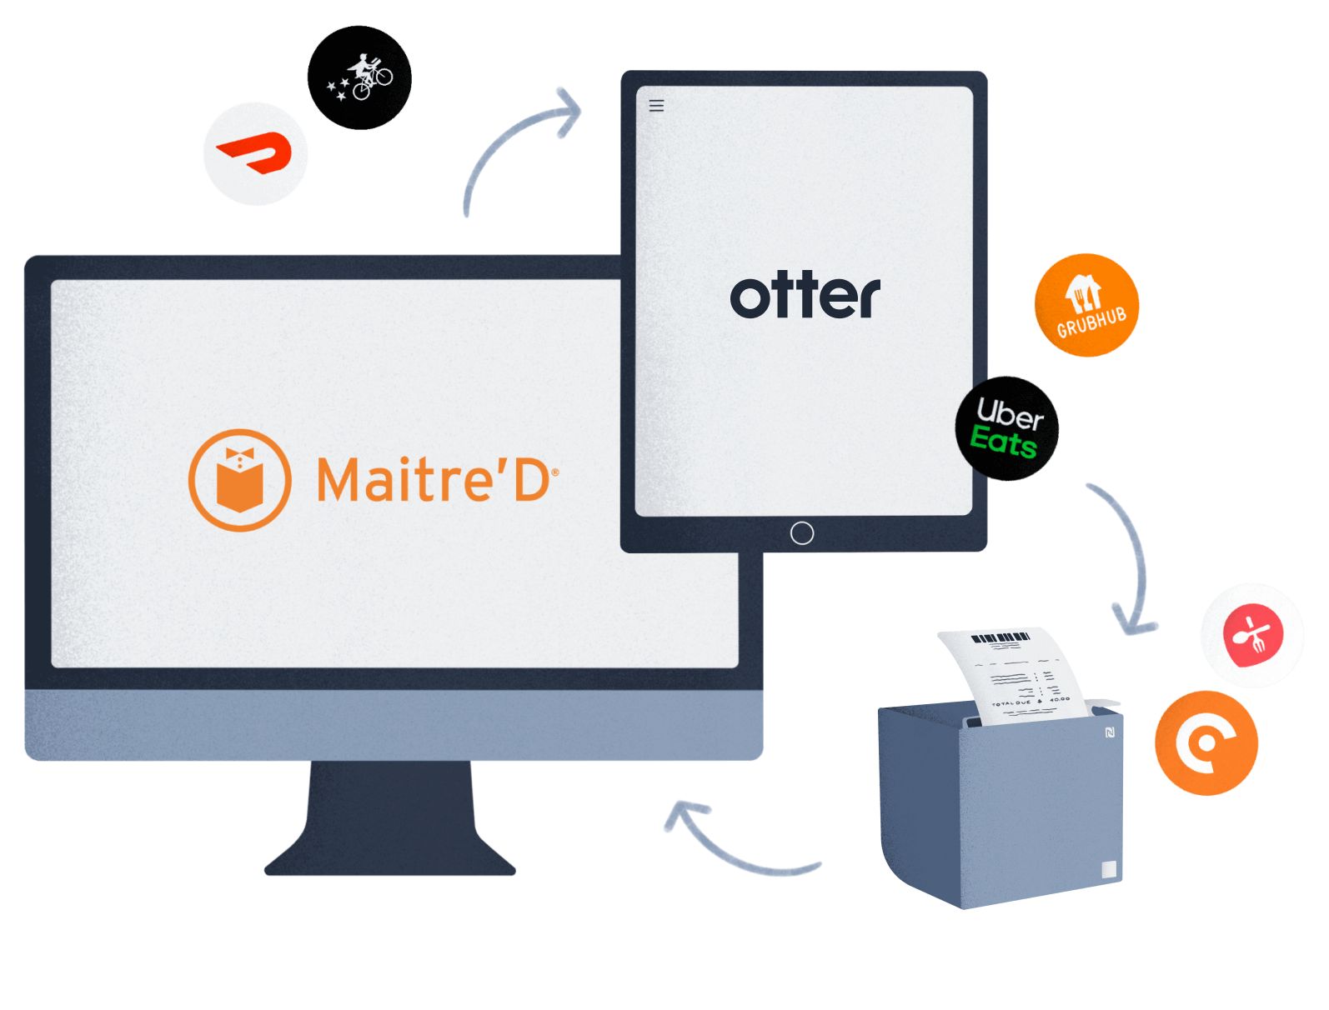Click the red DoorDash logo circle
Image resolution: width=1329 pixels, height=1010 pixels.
click(x=255, y=154)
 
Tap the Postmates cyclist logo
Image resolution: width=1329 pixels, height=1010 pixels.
click(x=359, y=77)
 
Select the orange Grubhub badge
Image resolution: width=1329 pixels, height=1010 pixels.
click(x=1086, y=305)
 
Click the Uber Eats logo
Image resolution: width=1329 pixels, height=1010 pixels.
click(x=1007, y=428)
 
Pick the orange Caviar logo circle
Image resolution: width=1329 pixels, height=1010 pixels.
click(x=1206, y=742)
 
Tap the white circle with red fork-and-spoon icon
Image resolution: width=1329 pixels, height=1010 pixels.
click(x=1251, y=635)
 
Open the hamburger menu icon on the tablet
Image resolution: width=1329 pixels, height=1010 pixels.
click(x=656, y=106)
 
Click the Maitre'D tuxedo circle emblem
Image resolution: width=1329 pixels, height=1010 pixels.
click(x=240, y=480)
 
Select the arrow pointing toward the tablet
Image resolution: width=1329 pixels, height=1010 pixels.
click(x=517, y=142)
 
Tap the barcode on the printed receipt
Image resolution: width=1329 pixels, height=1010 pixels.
click(x=1001, y=639)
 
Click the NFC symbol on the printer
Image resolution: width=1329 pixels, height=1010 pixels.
click(x=1111, y=732)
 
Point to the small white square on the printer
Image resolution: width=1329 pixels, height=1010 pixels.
click(x=1108, y=869)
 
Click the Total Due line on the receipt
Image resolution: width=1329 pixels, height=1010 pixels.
click(x=1030, y=702)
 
